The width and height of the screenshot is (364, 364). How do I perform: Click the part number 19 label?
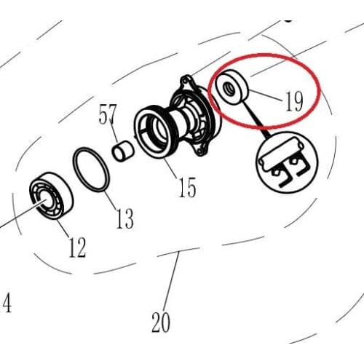pos(293,100)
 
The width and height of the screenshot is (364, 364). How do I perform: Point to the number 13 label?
pos(124,217)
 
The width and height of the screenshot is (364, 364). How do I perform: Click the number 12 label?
pos(77,248)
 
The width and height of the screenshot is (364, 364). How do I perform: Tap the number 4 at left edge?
pos(7,303)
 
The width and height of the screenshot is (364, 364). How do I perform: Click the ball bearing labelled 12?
pos(49,197)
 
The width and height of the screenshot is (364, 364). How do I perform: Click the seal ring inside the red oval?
pos(230,88)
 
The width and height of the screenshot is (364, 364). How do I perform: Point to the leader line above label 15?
pos(174,167)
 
